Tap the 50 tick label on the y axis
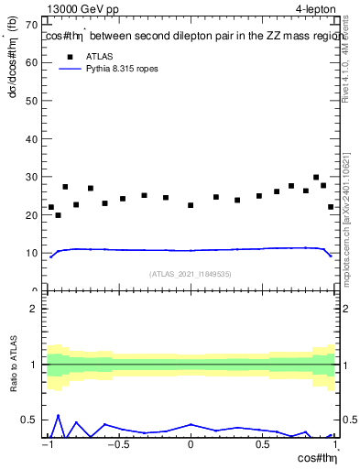[34, 100]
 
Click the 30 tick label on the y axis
[34, 177]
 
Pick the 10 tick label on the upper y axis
[34, 253]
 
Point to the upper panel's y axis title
[12, 72]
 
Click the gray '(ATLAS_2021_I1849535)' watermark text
[191, 273]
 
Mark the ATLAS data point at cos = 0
[191, 205]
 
